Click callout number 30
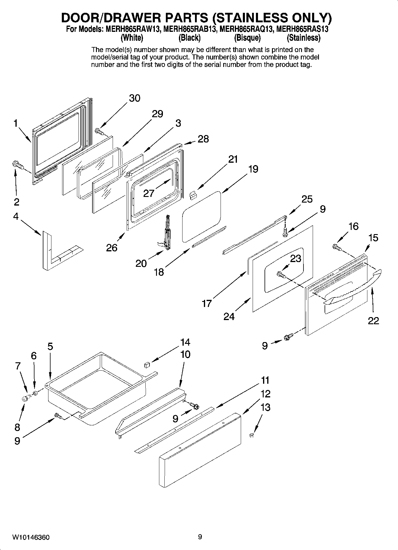[135, 98]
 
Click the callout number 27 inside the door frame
[149, 193]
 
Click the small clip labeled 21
[193, 195]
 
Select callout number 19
[253, 169]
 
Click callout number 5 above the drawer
[50, 346]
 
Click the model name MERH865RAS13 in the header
[302, 29]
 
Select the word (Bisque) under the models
[247, 38]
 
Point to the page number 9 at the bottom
[200, 537]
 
